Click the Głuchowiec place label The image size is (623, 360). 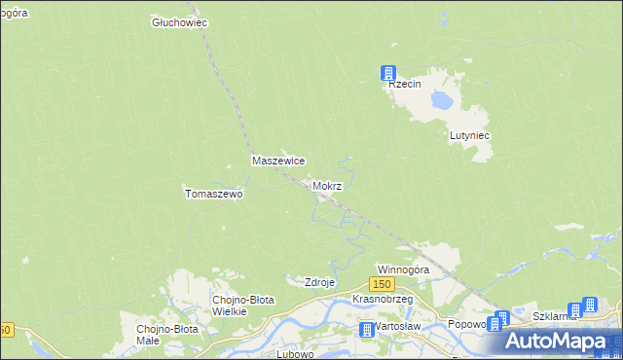181,21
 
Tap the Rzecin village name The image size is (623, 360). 404,85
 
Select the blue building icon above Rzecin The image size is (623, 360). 388,73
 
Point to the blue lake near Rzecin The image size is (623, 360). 443,99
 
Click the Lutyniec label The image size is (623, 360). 468,136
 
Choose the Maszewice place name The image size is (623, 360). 279,161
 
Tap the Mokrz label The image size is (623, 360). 327,185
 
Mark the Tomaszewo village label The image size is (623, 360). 213,194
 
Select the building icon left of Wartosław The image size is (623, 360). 366,330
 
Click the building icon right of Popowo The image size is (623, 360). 500,319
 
